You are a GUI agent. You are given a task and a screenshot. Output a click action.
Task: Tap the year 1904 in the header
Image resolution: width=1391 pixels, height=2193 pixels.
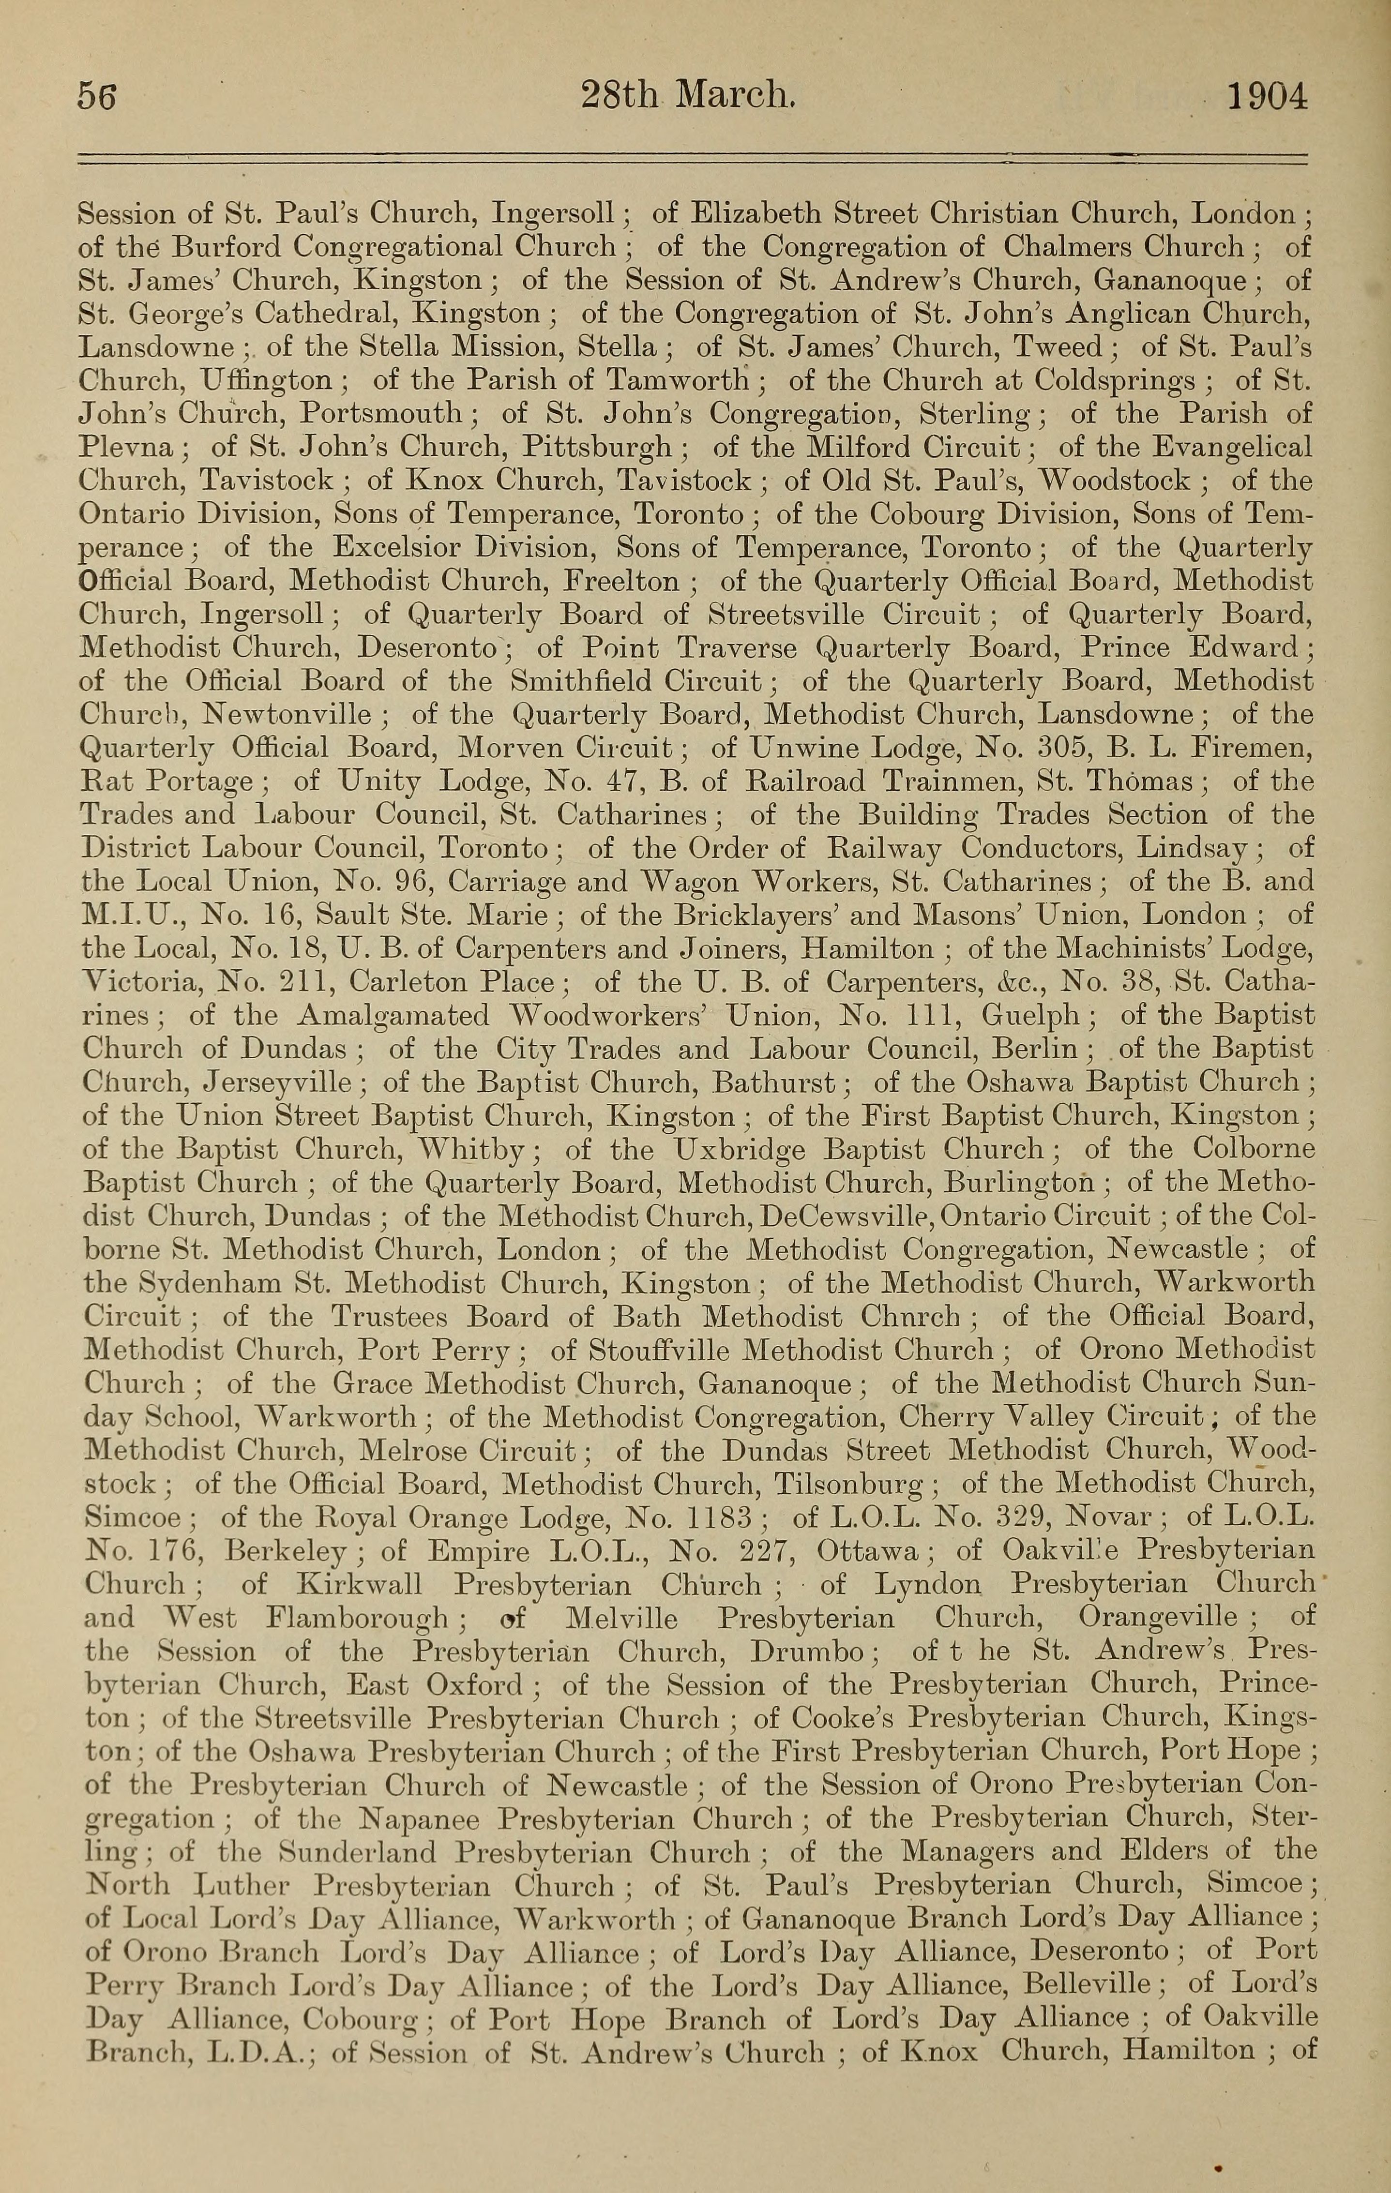tap(1267, 96)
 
